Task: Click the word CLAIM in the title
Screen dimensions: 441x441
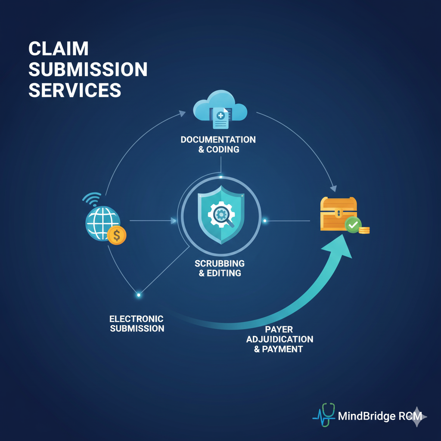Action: point(59,49)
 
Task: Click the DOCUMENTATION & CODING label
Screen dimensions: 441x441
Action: point(218,145)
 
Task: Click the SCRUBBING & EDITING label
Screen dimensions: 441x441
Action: point(220,268)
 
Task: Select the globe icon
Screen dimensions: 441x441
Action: point(102,223)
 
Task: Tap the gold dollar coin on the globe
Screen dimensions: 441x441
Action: point(117,235)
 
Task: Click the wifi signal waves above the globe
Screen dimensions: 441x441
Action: point(92,199)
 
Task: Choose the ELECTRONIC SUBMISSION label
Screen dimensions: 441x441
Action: point(137,323)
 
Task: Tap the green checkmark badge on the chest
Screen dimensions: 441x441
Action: point(353,225)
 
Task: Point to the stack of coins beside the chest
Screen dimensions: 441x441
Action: point(364,230)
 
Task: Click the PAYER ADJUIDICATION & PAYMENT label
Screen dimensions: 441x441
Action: point(279,339)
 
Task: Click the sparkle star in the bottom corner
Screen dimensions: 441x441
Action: point(416,416)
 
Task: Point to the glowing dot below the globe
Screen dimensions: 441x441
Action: point(139,295)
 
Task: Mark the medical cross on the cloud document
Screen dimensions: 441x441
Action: point(220,115)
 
